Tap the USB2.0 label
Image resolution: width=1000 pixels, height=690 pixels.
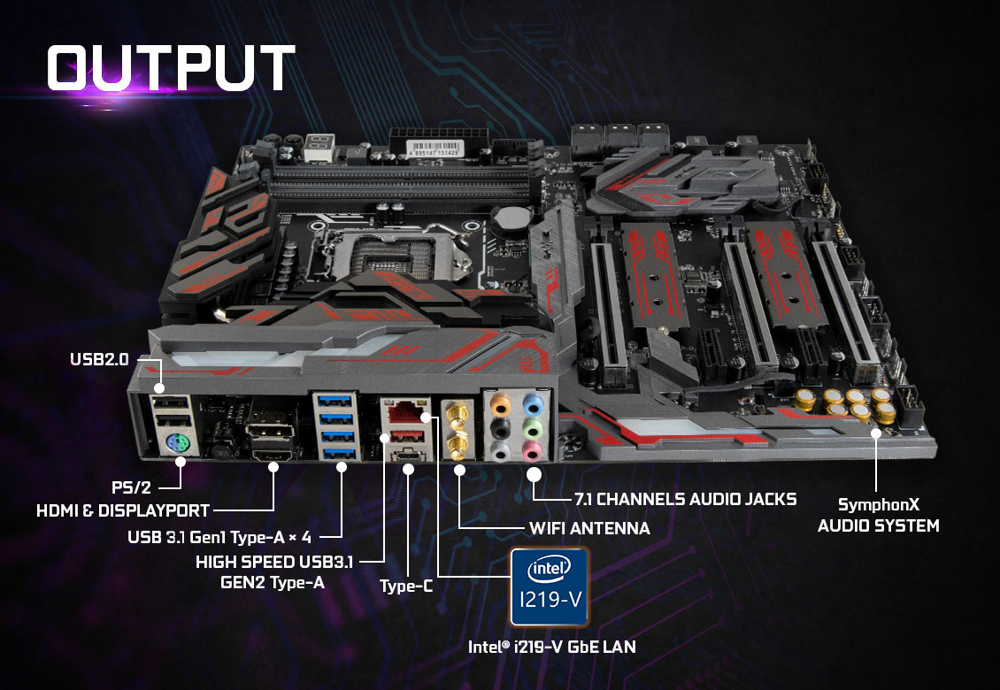99,359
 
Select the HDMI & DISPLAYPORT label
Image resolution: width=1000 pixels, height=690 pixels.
123,510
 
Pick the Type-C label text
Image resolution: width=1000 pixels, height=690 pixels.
406,586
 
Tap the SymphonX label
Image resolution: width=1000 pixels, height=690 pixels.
878,505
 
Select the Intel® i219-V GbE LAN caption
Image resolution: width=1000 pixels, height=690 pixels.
551,648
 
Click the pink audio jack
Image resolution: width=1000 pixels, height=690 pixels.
532,453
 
